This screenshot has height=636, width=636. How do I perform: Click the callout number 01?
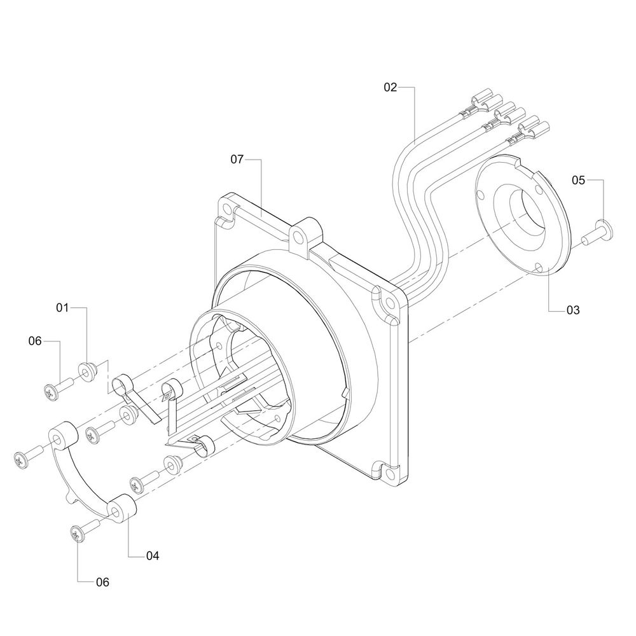[62, 308]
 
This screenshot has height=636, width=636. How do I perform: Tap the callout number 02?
[391, 87]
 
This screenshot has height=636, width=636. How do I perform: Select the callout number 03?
[573, 310]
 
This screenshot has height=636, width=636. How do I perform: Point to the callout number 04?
[153, 556]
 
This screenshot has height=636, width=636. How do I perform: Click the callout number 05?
[579, 180]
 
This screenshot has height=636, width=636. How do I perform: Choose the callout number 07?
[237, 160]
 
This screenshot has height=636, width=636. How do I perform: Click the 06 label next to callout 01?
[35, 341]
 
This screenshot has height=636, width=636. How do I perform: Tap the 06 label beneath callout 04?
[102, 583]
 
